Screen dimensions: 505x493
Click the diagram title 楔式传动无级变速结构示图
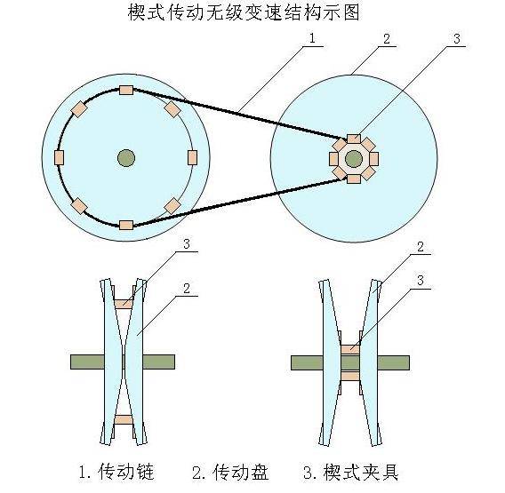click(x=244, y=12)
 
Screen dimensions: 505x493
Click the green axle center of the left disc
click(x=126, y=158)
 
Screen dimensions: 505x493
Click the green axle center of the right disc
click(x=354, y=159)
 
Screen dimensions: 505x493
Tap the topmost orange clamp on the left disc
click(x=126, y=90)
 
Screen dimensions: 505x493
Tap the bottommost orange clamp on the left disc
click(x=126, y=225)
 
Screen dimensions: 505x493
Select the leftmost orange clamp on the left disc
click(x=59, y=158)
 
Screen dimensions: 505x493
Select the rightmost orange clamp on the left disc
click(x=192, y=158)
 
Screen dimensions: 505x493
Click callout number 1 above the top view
click(x=311, y=38)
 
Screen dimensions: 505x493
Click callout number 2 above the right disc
click(x=387, y=39)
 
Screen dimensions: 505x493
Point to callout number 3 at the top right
click(x=457, y=39)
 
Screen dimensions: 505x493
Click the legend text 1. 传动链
click(x=116, y=472)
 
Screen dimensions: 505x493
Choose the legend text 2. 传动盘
click(x=230, y=472)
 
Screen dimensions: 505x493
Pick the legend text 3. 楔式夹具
click(x=351, y=472)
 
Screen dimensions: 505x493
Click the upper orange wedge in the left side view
click(x=124, y=304)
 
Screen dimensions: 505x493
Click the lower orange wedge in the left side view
click(x=124, y=419)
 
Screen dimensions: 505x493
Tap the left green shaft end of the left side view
click(x=87, y=362)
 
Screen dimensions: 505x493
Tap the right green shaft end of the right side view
click(x=393, y=362)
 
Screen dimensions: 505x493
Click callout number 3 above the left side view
click(x=187, y=243)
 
